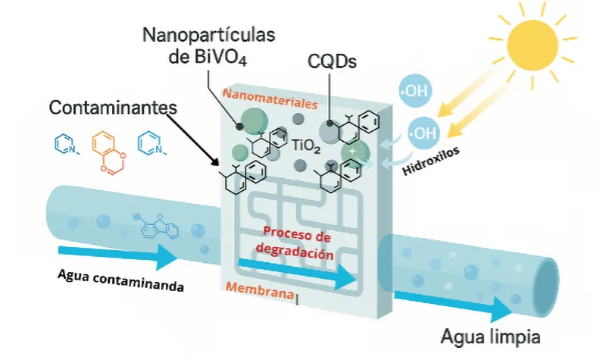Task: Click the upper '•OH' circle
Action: [415, 93]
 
